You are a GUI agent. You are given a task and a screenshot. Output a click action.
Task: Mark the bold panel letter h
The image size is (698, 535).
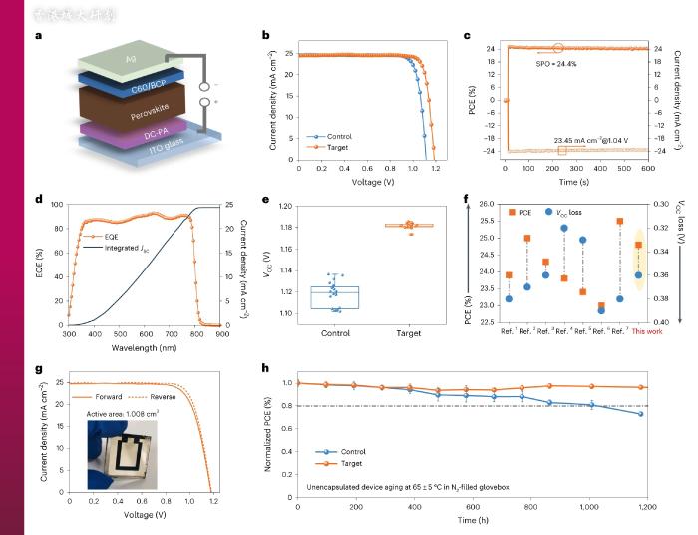pos(263,368)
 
